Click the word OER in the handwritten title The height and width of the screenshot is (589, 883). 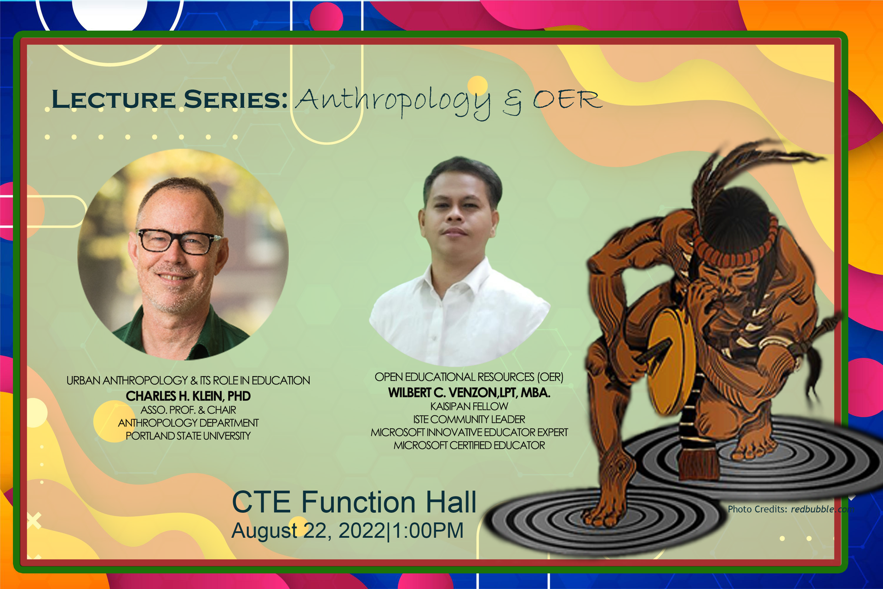point(568,99)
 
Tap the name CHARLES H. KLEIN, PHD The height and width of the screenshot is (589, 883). point(188,396)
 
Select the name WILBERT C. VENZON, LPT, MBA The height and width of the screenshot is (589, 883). point(469,393)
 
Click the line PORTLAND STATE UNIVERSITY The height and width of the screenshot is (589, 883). point(188,436)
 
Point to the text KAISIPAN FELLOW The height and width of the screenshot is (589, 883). point(469,406)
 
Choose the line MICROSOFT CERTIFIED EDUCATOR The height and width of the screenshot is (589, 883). point(469,445)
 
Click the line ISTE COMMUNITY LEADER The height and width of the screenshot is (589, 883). point(469,419)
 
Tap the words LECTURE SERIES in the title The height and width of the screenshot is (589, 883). point(170,99)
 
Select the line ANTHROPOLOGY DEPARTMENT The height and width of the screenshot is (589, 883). point(188,423)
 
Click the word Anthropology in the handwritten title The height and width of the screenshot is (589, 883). point(393,101)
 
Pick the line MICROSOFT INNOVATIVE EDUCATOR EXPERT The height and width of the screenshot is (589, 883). point(469,433)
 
